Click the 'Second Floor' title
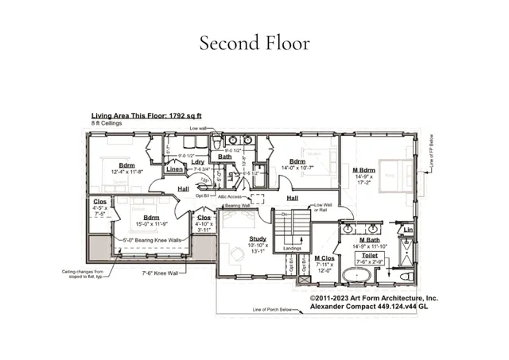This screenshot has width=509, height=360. [x=254, y=42]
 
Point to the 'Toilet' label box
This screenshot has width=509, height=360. [x=370, y=256]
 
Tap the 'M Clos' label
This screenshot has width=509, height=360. [x=323, y=258]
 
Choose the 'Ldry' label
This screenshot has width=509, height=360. [x=198, y=162]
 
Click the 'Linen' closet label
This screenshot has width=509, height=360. [x=175, y=168]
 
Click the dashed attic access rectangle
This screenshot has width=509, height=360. [x=257, y=199]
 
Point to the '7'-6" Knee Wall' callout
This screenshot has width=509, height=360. [x=165, y=273]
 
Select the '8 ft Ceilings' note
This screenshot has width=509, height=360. [x=108, y=122]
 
